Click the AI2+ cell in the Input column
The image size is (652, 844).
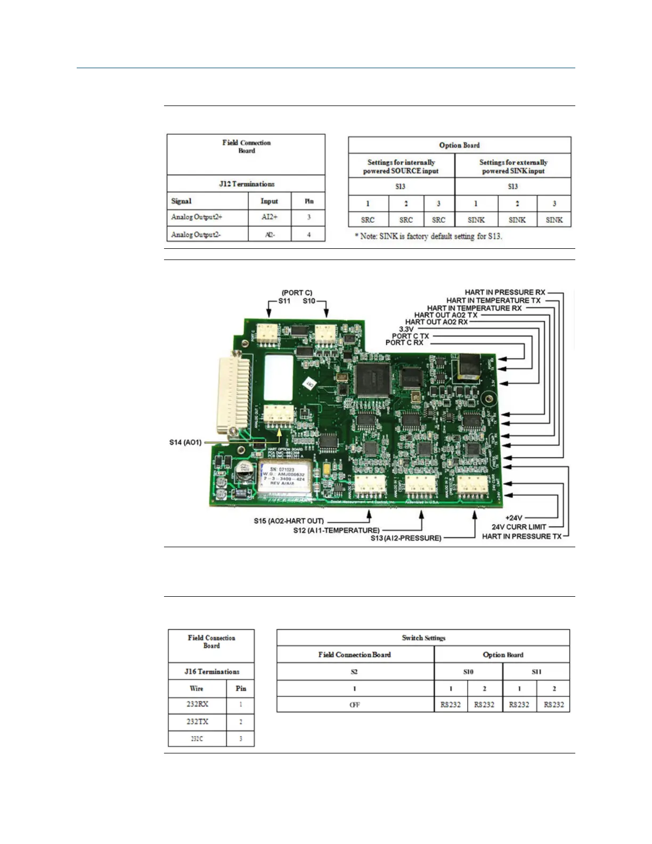pyautogui.click(x=269, y=217)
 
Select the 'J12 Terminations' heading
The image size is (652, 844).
pyautogui.click(x=247, y=184)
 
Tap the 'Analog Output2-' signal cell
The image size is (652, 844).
pyautogui.click(x=195, y=234)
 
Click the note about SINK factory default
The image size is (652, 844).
pyautogui.click(x=428, y=236)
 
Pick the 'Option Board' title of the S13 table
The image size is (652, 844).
pyautogui.click(x=459, y=145)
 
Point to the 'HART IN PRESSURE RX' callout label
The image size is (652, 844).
pyautogui.click(x=505, y=292)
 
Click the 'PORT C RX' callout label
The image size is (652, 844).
pyautogui.click(x=404, y=343)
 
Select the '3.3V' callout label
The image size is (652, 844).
pyautogui.click(x=406, y=329)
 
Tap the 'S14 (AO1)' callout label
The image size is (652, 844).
pyautogui.click(x=185, y=442)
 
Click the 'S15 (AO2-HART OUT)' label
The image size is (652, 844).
pyautogui.click(x=289, y=521)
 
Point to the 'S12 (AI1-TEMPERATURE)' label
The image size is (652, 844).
pyautogui.click(x=336, y=530)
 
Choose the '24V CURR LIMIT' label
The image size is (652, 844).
pyautogui.click(x=519, y=527)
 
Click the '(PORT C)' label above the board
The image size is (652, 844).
pyautogui.click(x=297, y=293)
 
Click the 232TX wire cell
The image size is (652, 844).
pyautogui.click(x=197, y=721)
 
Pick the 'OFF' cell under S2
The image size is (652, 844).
pyautogui.click(x=355, y=704)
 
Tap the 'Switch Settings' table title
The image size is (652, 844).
pyautogui.click(x=423, y=638)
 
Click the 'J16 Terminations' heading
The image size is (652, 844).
pyautogui.click(x=211, y=671)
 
